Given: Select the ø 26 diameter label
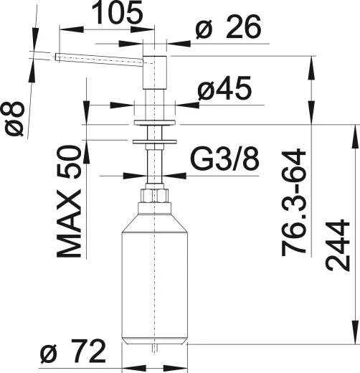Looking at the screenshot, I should (x=227, y=28).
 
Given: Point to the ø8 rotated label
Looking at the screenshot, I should (x=15, y=118).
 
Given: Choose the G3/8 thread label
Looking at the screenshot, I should (x=224, y=159).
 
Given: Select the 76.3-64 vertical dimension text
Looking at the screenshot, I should (x=294, y=204).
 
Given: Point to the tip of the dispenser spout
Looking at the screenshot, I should (x=57, y=57).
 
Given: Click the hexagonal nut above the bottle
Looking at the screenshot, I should (x=156, y=195).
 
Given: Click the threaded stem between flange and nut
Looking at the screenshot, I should (x=156, y=165).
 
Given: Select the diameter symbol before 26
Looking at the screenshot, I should (x=203, y=29).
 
